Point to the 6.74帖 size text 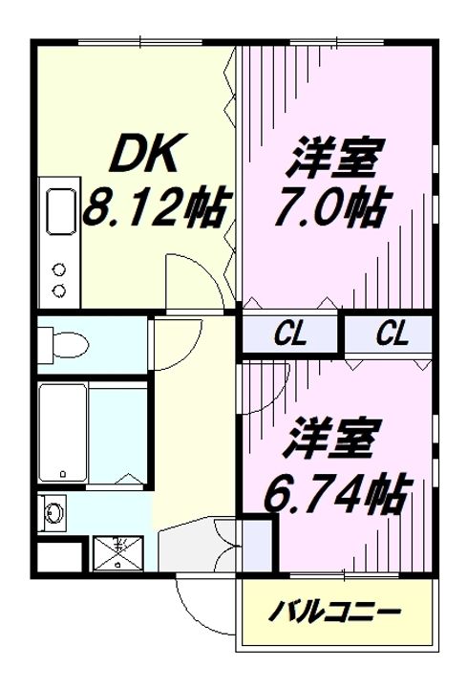click(336, 492)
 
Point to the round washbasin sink click(54, 514)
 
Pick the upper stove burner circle click(59, 269)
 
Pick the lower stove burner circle click(59, 289)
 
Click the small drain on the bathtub click(62, 473)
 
